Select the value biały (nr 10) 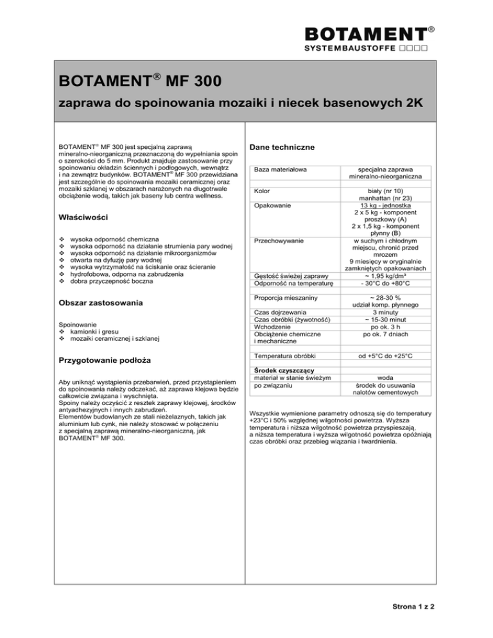tap(385, 191)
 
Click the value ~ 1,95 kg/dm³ tap(385, 276)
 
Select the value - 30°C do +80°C tap(385, 284)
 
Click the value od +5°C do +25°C tap(385, 355)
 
